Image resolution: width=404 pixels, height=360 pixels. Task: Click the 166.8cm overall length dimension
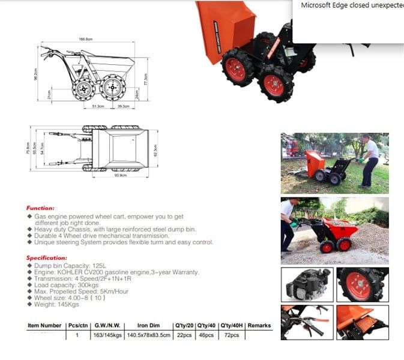[x=85, y=39]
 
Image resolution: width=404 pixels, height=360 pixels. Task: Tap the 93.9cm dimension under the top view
[x=119, y=175]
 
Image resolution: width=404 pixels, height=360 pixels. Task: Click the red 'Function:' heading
[x=40, y=208]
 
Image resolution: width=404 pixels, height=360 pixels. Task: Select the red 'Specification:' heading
[x=46, y=257]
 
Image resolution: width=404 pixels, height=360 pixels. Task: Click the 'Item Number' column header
[x=44, y=326]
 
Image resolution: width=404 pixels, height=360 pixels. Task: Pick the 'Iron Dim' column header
[x=148, y=326]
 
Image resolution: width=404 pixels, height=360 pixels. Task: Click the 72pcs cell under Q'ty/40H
[x=231, y=335]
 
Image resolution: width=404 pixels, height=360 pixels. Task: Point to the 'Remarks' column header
[x=259, y=326]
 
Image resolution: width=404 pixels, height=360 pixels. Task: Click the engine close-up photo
[x=307, y=284]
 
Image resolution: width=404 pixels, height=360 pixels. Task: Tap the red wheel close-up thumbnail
[x=362, y=284]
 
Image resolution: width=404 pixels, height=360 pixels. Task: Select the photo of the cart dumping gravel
[x=334, y=230]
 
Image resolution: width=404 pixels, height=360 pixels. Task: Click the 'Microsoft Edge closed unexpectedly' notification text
[x=352, y=5]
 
